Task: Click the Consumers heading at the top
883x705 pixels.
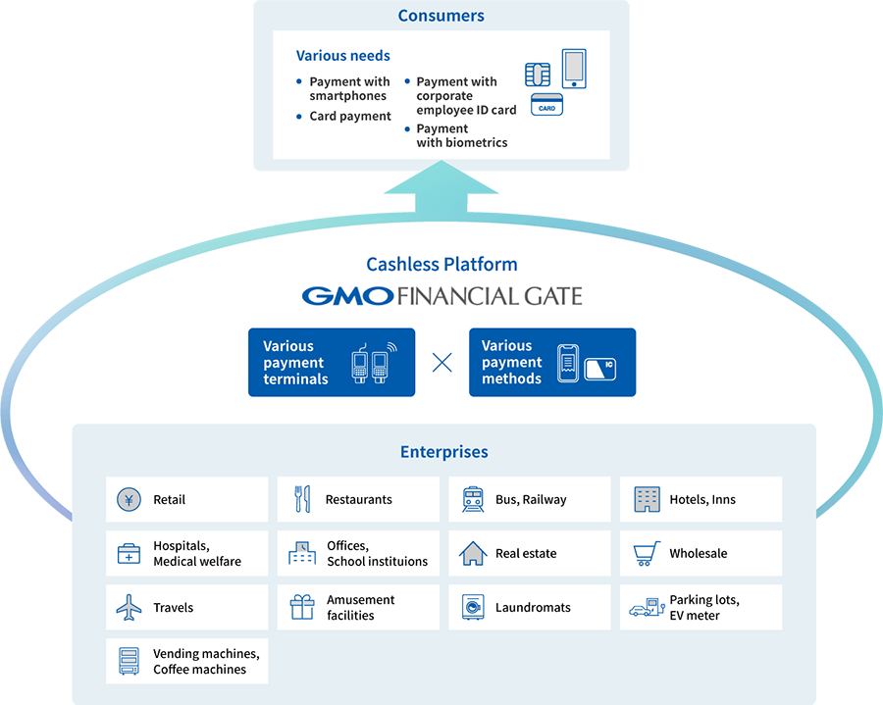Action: [x=441, y=15]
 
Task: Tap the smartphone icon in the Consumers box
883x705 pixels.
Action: [x=573, y=69]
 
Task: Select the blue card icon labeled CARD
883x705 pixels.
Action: [x=546, y=105]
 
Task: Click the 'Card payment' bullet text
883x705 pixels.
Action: [x=350, y=116]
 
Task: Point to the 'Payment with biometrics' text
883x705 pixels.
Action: [x=461, y=135]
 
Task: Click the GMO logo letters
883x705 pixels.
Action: [x=347, y=295]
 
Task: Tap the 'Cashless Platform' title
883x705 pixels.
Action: [x=441, y=264]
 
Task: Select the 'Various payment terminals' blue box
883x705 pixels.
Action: [x=332, y=362]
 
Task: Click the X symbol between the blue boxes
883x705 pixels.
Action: [x=442, y=363]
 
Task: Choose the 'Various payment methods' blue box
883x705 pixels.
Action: [x=552, y=362]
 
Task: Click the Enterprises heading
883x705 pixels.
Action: [x=443, y=452]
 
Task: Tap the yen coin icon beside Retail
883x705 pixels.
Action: [x=129, y=500]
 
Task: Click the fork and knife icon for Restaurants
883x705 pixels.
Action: [x=302, y=500]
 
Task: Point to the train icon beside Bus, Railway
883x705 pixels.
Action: [x=473, y=500]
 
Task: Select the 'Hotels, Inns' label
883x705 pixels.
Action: [x=702, y=500]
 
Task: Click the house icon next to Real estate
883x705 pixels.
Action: [x=473, y=554]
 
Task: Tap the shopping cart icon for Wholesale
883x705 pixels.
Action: [x=646, y=554]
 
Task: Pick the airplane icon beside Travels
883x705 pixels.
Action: [x=129, y=608]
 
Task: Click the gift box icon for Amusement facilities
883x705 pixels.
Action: [x=302, y=608]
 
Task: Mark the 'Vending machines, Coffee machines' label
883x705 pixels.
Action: [x=206, y=662]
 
